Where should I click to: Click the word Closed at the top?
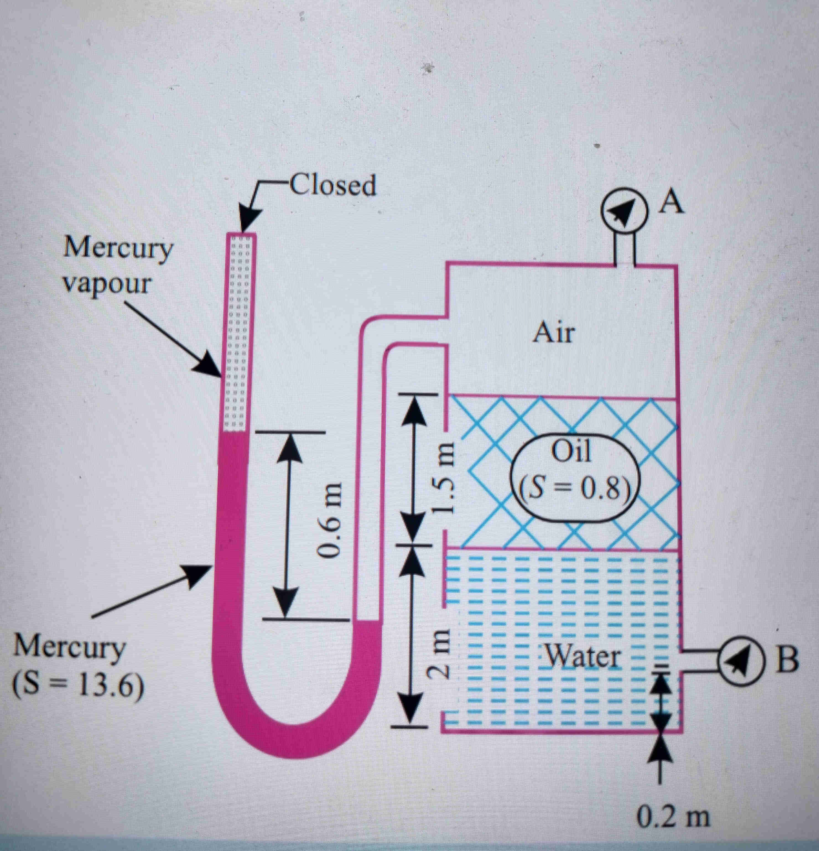pos(332,186)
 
